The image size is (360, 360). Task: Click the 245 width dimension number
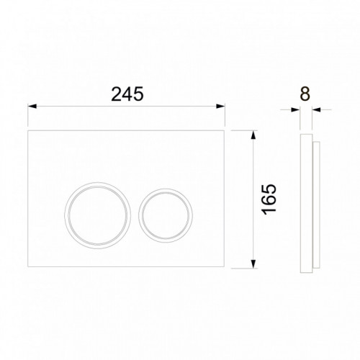[x=127, y=94]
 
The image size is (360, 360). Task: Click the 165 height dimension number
[x=269, y=199]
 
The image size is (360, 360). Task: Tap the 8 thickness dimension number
[x=305, y=94]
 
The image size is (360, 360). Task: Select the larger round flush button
[x=98, y=215]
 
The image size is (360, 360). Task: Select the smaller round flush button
[x=166, y=215]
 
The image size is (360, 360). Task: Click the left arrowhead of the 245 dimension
[x=32, y=106]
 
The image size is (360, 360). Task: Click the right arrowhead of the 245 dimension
[x=220, y=106]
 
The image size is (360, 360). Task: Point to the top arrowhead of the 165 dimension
[x=253, y=135]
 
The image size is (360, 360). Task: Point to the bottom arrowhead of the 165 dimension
[x=253, y=264]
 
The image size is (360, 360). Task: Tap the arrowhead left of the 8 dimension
[x=296, y=110]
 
